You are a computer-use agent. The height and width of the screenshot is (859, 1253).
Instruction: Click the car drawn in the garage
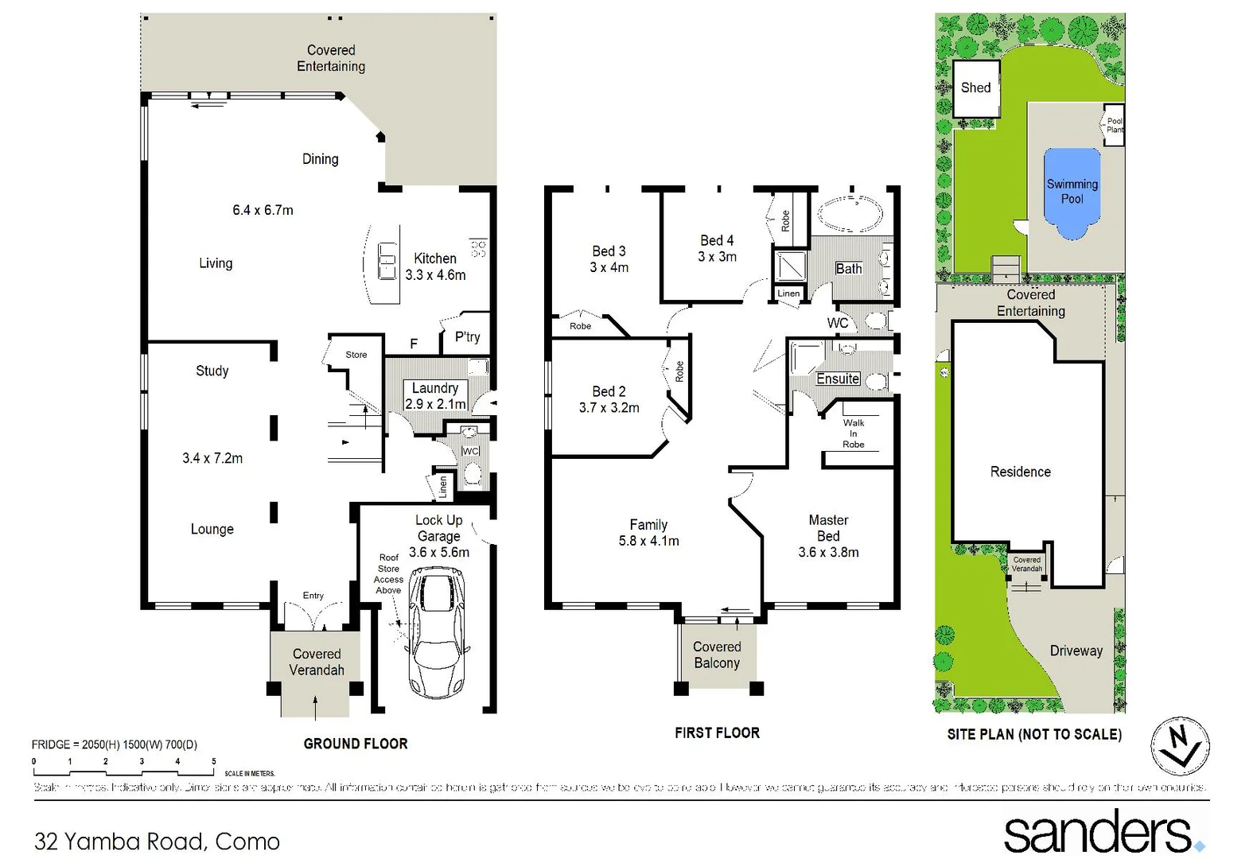[x=436, y=632]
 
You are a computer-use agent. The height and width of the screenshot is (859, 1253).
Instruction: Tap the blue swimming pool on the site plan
[x=1072, y=192]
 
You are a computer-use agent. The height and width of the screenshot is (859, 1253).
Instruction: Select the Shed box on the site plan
[x=976, y=87]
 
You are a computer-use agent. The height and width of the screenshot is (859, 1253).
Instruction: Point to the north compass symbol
[x=1181, y=746]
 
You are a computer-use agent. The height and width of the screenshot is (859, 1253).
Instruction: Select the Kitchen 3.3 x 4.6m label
[x=435, y=266]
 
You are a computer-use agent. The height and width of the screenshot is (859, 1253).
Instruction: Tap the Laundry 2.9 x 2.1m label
[x=435, y=395]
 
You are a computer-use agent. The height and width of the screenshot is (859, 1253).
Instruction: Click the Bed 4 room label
[x=717, y=248]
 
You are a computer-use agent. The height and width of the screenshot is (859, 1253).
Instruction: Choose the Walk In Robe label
[x=854, y=433]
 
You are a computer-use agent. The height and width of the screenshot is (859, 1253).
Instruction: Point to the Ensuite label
[x=838, y=379]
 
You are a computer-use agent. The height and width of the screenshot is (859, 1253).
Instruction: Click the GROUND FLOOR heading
[x=356, y=744]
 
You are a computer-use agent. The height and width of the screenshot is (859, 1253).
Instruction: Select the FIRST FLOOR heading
[x=717, y=733]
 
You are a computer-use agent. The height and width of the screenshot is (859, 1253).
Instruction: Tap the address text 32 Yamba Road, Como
[x=158, y=841]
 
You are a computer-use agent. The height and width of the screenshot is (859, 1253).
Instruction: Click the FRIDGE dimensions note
[x=115, y=744]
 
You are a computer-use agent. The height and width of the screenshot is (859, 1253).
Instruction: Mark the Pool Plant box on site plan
[x=1115, y=125]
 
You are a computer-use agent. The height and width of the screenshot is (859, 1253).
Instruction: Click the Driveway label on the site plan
[x=1076, y=651]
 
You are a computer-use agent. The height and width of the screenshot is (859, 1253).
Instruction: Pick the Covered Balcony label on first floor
[x=717, y=655]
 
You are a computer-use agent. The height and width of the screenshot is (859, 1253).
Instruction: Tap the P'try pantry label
[x=468, y=336]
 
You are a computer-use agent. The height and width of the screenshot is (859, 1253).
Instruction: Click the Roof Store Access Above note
[x=388, y=573]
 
